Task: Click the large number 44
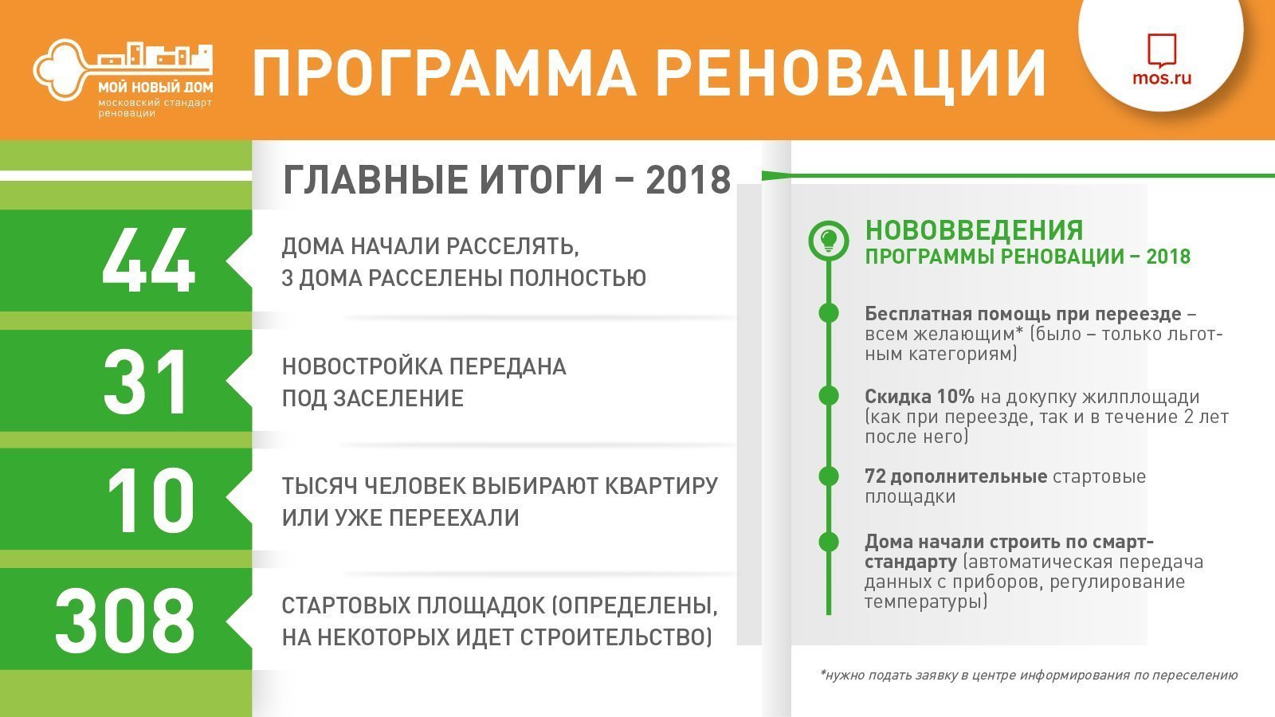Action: pyautogui.click(x=148, y=260)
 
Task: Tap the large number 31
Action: pyautogui.click(x=146, y=382)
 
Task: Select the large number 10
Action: pyautogui.click(x=151, y=501)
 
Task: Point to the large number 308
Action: pyautogui.click(x=125, y=621)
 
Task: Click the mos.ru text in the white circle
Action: pyautogui.click(x=1162, y=77)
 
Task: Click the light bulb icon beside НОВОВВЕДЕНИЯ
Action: pyautogui.click(x=829, y=240)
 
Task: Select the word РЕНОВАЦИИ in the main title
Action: pyautogui.click(x=851, y=73)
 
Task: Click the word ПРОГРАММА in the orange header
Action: pyautogui.click(x=444, y=73)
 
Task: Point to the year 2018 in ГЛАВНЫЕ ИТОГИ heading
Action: pyautogui.click(x=688, y=180)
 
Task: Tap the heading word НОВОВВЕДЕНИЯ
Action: pyautogui.click(x=974, y=230)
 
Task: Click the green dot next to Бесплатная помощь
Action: pyautogui.click(x=829, y=313)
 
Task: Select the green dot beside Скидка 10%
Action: pyautogui.click(x=829, y=395)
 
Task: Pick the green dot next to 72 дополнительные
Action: pyautogui.click(x=829, y=476)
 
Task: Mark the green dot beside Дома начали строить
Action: pyautogui.click(x=829, y=542)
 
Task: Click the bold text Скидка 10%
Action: pyautogui.click(x=920, y=397)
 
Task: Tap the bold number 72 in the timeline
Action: pyautogui.click(x=876, y=476)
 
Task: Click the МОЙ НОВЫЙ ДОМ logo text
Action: pyautogui.click(x=155, y=87)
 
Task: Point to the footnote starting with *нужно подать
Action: pyautogui.click(x=1029, y=676)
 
